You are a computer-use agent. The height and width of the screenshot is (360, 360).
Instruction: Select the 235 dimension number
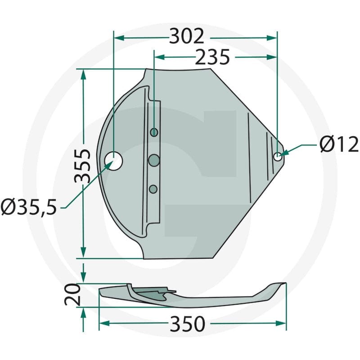[212, 57]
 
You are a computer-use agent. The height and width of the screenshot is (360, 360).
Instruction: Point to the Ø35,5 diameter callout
[29, 207]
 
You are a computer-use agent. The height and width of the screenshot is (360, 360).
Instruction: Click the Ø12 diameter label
[339, 145]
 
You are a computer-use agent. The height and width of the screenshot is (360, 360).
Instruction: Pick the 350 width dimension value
[188, 323]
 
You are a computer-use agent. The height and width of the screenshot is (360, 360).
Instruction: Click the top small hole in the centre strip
[154, 132]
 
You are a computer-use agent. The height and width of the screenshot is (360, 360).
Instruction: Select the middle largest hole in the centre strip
[154, 159]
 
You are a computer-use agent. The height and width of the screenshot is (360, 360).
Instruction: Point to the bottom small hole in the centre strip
[153, 189]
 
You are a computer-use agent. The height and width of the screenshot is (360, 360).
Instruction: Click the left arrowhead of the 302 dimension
[118, 37]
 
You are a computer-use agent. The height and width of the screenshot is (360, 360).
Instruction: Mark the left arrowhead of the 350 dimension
[103, 323]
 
